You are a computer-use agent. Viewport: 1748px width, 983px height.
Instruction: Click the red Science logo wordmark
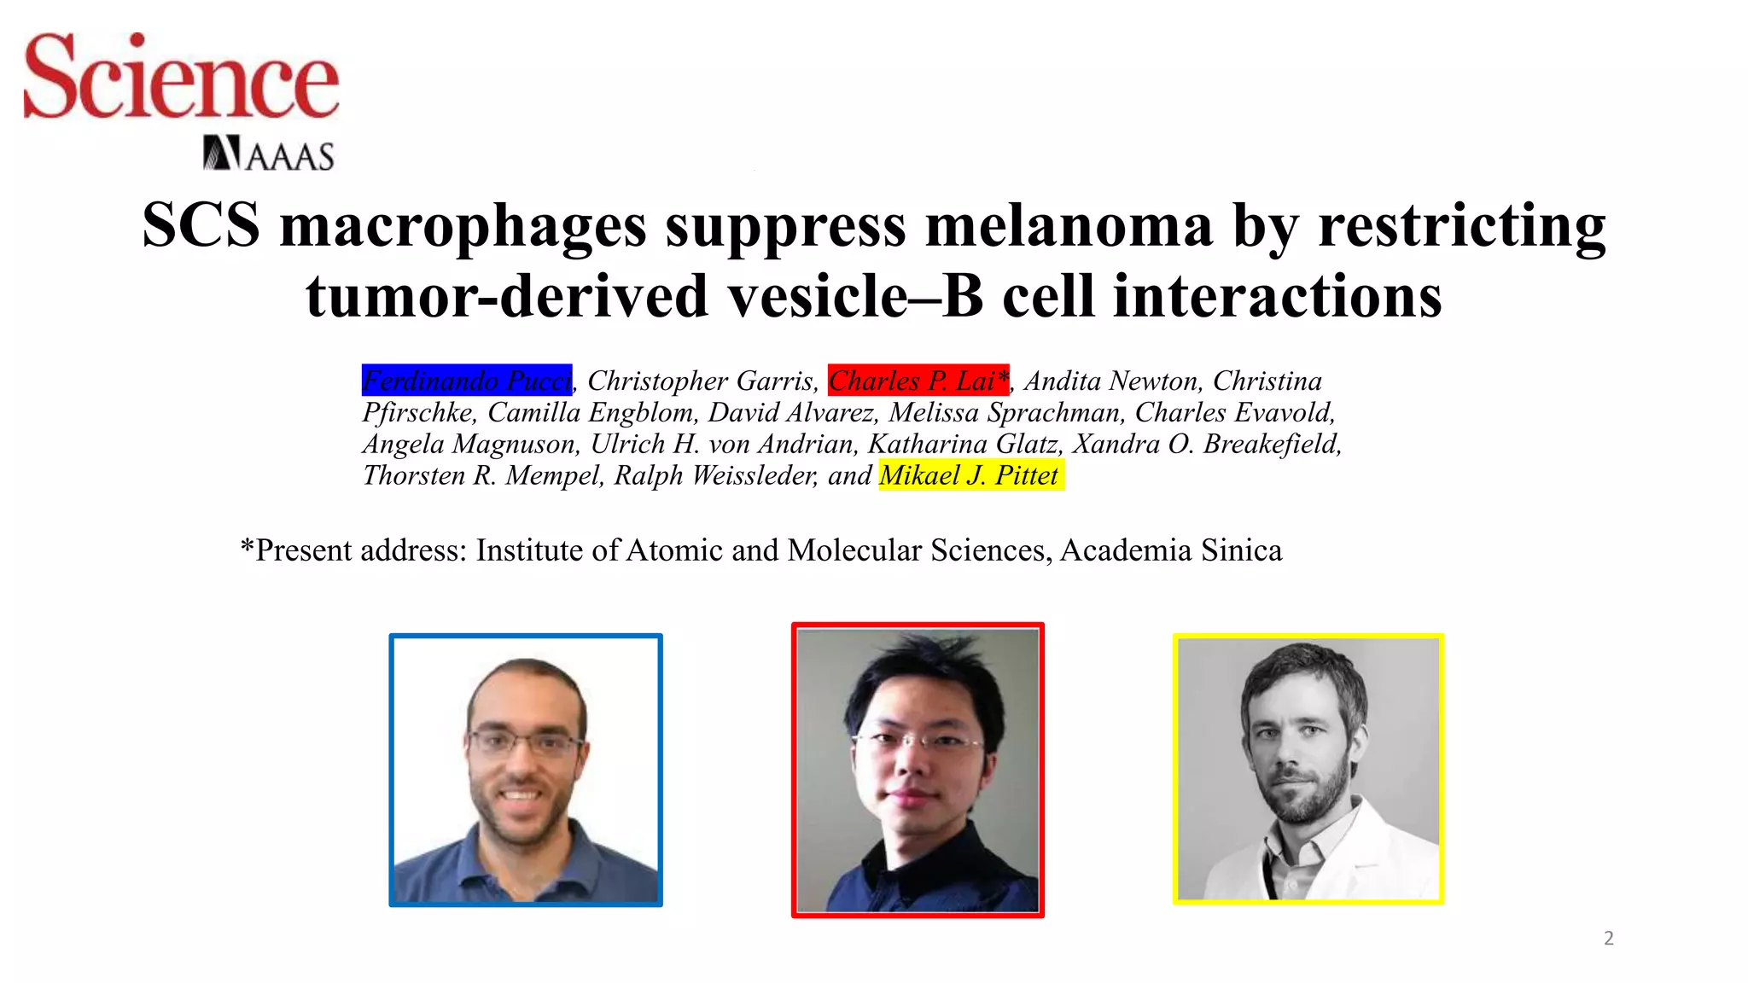click(x=181, y=78)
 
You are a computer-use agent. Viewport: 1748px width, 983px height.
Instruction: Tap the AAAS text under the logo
click(x=290, y=157)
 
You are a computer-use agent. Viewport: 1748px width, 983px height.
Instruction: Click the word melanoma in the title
click(x=1069, y=226)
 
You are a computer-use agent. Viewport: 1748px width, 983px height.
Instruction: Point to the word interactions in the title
click(x=1278, y=296)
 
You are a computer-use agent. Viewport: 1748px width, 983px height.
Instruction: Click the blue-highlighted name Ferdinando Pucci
click(x=466, y=381)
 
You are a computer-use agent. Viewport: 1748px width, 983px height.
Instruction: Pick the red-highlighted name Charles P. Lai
click(x=918, y=381)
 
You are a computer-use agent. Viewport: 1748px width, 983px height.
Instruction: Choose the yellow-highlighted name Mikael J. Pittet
click(x=970, y=475)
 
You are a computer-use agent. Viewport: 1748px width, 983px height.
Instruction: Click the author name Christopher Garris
click(x=701, y=381)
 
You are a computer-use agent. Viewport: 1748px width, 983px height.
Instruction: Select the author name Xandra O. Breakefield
click(x=1206, y=444)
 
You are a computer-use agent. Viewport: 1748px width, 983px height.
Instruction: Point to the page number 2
click(x=1609, y=939)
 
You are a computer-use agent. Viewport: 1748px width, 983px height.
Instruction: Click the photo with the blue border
click(x=526, y=770)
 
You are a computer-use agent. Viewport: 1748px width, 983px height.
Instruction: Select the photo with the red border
click(x=918, y=770)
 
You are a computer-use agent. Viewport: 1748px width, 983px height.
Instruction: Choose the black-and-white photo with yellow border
click(x=1308, y=768)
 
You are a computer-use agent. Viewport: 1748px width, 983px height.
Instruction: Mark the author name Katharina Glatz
click(x=965, y=444)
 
